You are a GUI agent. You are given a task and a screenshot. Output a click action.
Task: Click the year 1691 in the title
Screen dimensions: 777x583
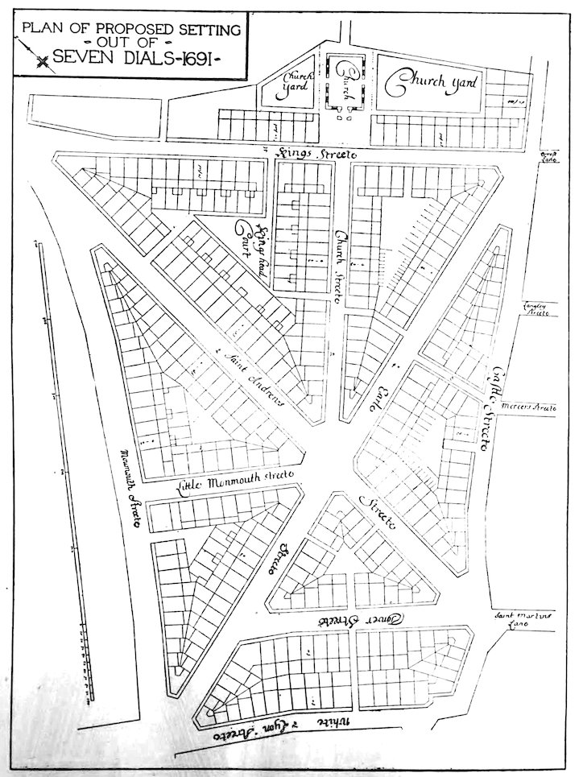click(x=195, y=58)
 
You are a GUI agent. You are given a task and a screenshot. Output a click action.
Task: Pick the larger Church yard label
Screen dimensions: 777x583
click(x=432, y=82)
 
